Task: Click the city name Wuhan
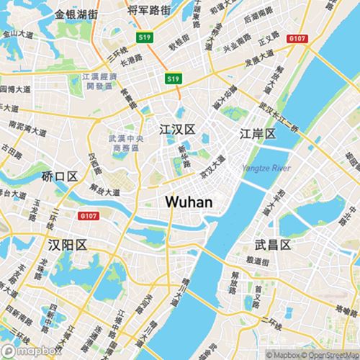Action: click(189, 202)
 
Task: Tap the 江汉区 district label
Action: click(176, 130)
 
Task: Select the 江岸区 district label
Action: click(257, 135)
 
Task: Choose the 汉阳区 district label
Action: click(66, 246)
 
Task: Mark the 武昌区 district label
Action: click(273, 246)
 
